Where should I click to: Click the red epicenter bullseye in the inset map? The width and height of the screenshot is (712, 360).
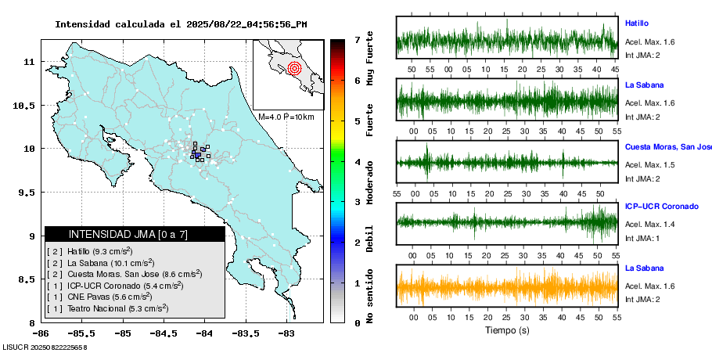294,68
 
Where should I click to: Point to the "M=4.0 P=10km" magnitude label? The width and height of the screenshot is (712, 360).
286,117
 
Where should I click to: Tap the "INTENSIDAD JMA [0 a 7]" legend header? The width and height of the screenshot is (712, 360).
128,234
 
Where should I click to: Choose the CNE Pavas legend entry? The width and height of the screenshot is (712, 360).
99,297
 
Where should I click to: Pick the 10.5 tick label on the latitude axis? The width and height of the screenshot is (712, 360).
29,106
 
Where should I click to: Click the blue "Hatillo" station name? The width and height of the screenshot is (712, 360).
636,23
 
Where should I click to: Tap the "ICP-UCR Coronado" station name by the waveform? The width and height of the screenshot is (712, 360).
661,207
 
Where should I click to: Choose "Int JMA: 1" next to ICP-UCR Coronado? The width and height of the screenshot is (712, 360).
642,238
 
